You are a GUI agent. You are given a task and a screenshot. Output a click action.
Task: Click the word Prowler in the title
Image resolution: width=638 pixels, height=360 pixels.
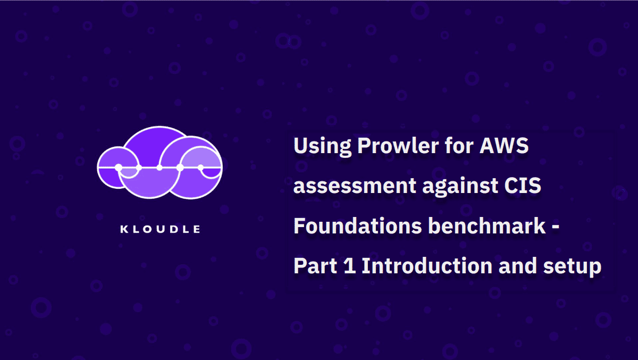(398, 146)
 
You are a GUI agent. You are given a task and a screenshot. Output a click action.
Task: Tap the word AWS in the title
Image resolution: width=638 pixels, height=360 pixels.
(504, 146)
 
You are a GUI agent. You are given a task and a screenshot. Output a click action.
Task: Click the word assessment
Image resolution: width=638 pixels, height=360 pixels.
(355, 186)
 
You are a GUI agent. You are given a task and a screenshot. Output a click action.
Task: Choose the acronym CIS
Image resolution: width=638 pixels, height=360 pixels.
(522, 186)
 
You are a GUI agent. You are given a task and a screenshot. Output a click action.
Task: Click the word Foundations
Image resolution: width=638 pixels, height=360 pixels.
(357, 225)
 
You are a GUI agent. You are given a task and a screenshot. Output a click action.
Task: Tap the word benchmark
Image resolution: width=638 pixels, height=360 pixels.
(487, 225)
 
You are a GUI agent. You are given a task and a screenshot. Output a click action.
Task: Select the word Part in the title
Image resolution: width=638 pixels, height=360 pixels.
(315, 266)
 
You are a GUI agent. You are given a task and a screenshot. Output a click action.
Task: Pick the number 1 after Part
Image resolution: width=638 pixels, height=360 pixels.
(349, 266)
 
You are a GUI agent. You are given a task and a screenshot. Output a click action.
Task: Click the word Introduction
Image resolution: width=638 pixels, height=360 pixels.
(427, 266)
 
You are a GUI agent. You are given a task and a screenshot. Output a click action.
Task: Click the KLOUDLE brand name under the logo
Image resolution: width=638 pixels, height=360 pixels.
(160, 229)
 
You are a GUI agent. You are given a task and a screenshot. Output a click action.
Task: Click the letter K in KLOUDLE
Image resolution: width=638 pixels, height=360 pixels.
(123, 229)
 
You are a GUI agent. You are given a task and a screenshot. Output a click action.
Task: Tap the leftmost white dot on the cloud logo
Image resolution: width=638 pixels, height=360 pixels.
(119, 168)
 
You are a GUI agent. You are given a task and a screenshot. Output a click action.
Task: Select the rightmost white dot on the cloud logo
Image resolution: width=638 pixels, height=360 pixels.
(200, 168)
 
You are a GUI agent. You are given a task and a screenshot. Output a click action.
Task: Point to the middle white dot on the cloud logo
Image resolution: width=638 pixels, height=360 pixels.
(159, 168)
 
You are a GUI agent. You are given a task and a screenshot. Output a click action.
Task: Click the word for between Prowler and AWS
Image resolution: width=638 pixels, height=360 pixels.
(459, 146)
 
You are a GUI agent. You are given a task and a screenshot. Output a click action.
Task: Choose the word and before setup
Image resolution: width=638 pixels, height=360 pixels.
(517, 266)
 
